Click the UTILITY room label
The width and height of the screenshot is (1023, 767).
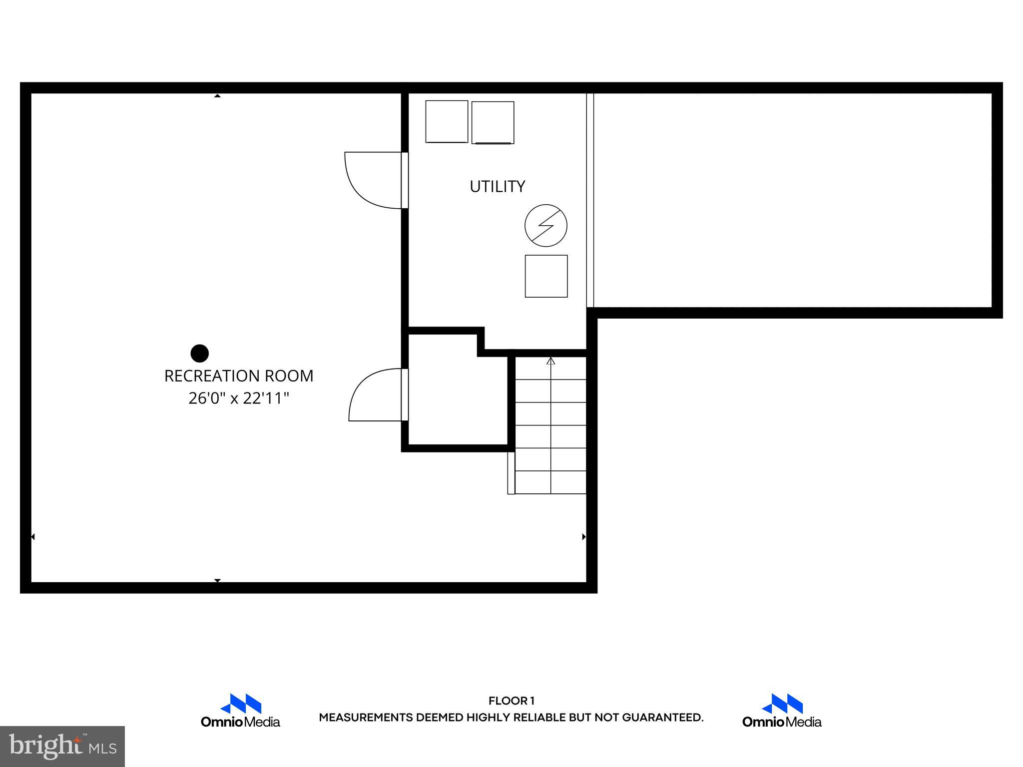(497, 186)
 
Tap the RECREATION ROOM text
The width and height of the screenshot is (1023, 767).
(239, 376)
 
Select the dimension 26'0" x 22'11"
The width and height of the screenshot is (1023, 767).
(239, 398)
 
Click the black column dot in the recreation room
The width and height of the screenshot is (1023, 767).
(200, 353)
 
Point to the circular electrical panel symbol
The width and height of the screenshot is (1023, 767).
(546, 225)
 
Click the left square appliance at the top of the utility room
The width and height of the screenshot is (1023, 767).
(447, 121)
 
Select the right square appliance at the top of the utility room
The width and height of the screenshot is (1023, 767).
(493, 122)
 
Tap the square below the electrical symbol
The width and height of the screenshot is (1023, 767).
(546, 276)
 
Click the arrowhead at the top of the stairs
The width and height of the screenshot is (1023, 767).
(551, 361)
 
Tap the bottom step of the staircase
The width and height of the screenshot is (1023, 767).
(550, 482)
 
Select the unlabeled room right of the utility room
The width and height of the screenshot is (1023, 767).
(792, 200)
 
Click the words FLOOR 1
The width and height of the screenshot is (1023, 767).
(511, 701)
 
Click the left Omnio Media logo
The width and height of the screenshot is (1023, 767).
(240, 711)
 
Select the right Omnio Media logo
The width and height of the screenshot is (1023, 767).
(782, 711)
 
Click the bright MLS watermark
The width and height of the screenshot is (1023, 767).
(62, 746)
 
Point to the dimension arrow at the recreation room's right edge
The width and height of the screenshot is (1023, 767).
(584, 537)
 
